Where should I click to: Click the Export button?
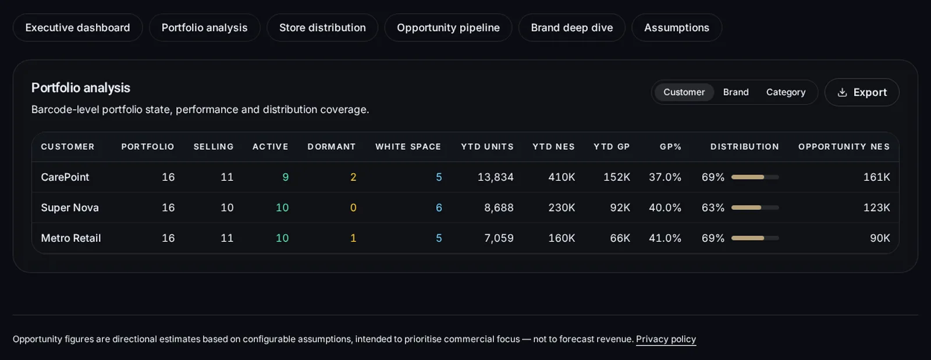tap(862, 92)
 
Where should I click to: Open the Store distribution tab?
tap(322, 27)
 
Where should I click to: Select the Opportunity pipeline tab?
tap(448, 27)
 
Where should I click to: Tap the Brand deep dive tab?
tap(571, 27)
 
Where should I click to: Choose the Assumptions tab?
tap(677, 27)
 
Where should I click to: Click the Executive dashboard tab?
tap(78, 27)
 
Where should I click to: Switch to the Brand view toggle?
tap(735, 92)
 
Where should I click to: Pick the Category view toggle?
tap(786, 92)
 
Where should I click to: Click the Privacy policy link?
tap(666, 339)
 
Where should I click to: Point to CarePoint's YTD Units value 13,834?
tap(495, 177)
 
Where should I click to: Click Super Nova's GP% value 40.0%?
tap(665, 208)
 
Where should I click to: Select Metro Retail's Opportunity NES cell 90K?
tap(880, 238)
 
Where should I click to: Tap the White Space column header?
tap(408, 147)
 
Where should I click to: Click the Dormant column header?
tap(332, 147)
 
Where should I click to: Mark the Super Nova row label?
tap(70, 208)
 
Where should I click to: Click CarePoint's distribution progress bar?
tap(755, 177)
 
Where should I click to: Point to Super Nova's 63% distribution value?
tap(713, 208)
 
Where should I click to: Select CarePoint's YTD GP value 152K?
tap(617, 177)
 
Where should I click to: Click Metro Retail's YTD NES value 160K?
tap(562, 238)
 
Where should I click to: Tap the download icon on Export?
tap(842, 92)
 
